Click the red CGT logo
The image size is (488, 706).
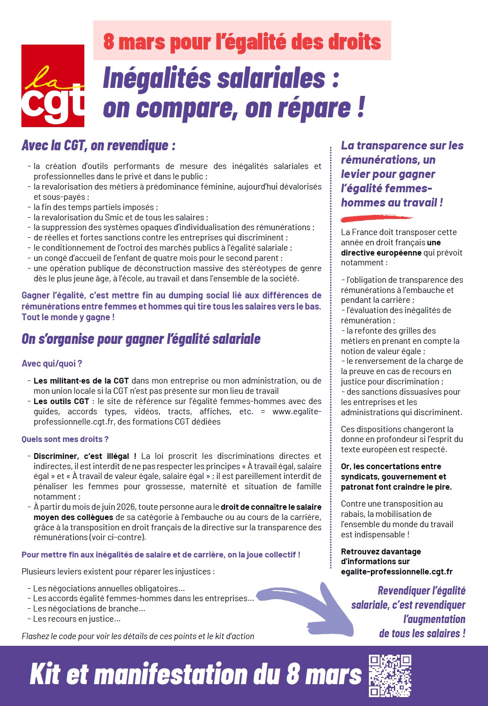tap(53, 86)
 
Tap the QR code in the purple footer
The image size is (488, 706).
tap(390, 676)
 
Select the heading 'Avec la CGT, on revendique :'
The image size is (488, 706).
tap(99, 145)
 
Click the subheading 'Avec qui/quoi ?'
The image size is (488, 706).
tap(52, 363)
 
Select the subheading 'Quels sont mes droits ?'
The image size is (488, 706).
tap(65, 439)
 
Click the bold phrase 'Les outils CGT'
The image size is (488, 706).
tap(62, 401)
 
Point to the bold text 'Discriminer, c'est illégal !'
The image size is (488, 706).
tap(85, 456)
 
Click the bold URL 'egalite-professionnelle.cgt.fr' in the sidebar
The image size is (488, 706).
tap(397, 572)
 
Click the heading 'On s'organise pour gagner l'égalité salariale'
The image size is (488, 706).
tap(141, 339)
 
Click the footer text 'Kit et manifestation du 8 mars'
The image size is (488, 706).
tap(195, 674)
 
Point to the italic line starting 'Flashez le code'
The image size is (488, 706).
tap(138, 636)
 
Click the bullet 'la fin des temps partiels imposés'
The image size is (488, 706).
tap(95, 207)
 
